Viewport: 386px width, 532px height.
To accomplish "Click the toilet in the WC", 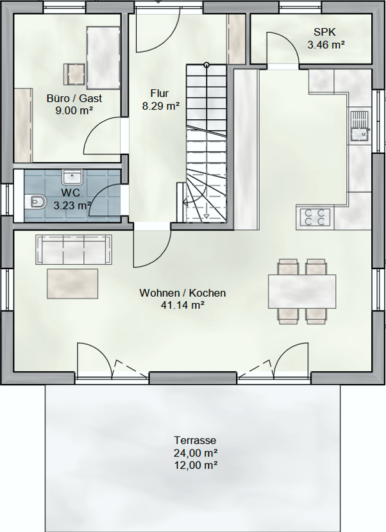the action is pyautogui.click(x=35, y=202).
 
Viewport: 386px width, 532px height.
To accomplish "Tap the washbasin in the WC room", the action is pyautogui.click(x=72, y=177).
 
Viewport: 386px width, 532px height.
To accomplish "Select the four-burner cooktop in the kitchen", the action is pyautogui.click(x=315, y=217).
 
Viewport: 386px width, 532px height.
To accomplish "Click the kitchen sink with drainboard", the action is pyautogui.click(x=360, y=126).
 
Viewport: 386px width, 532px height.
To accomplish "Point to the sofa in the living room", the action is pyautogui.click(x=74, y=249).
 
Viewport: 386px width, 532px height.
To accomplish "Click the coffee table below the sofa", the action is pyautogui.click(x=72, y=284).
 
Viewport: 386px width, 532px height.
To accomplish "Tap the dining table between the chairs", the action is pyautogui.click(x=302, y=292).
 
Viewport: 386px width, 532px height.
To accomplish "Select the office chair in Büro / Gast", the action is pyautogui.click(x=74, y=74).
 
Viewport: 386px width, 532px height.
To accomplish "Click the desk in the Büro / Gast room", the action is pyautogui.click(x=103, y=58).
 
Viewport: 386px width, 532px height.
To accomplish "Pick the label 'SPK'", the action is pyautogui.click(x=325, y=32).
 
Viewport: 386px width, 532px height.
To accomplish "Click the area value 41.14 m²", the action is pyautogui.click(x=183, y=305).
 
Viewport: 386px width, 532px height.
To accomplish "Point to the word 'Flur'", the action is pyautogui.click(x=160, y=93).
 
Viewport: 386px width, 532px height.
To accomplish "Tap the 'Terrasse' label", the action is pyautogui.click(x=195, y=440).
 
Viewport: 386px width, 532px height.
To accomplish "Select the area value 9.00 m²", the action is pyautogui.click(x=74, y=110).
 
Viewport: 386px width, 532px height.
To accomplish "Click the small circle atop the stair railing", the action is pyautogui.click(x=206, y=65).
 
